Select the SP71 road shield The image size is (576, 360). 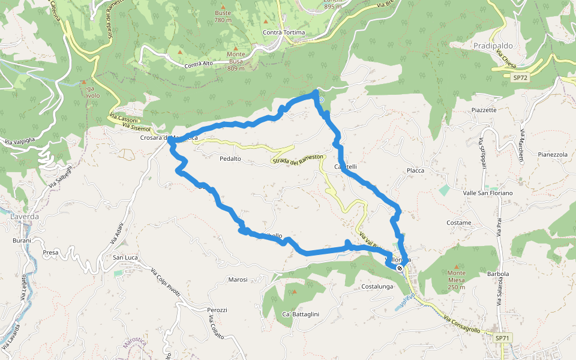(502, 338)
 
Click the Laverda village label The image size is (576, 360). (25, 216)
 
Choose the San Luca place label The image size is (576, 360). (126, 257)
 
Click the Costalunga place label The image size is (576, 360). (377, 287)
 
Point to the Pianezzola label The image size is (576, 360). (553, 154)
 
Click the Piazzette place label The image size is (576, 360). (484, 110)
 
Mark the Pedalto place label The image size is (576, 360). (230, 158)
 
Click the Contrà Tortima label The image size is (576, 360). (284, 32)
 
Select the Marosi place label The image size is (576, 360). (238, 280)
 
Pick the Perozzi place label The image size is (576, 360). (217, 310)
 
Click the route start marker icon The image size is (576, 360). (400, 268)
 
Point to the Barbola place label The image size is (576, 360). (498, 274)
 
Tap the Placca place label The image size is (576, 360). (415, 170)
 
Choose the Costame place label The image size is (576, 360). (459, 223)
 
